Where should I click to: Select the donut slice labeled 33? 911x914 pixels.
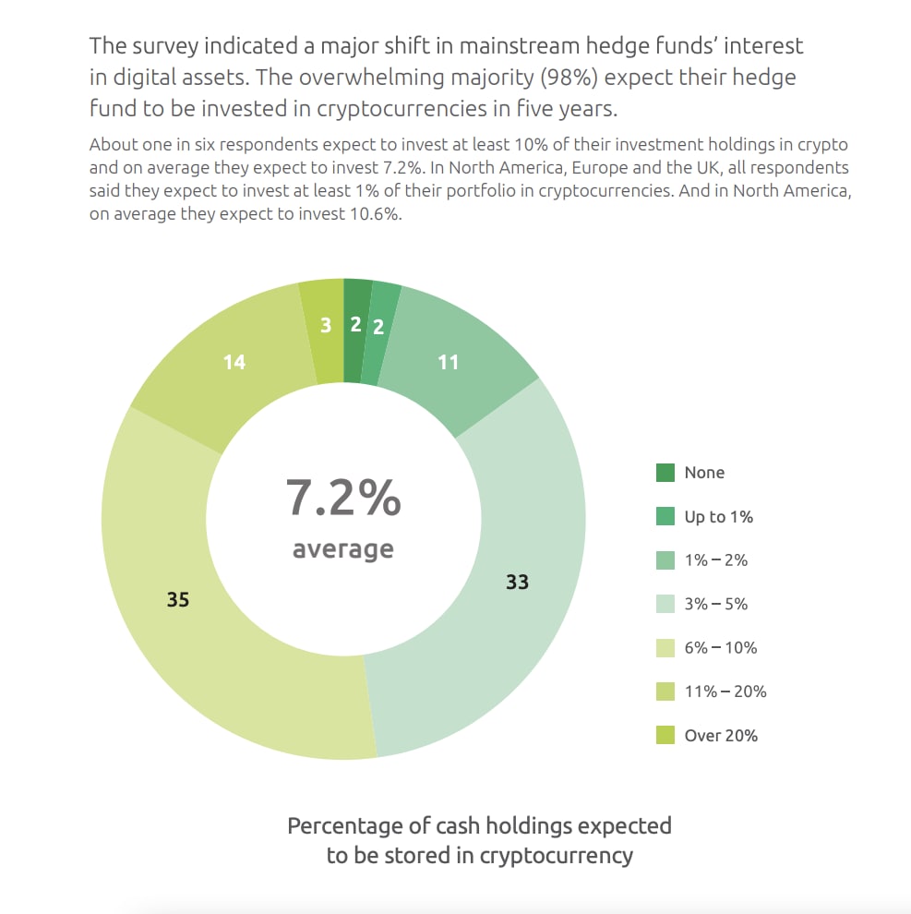click(517, 582)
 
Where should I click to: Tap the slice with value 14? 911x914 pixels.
click(234, 362)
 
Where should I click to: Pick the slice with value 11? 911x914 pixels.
click(449, 362)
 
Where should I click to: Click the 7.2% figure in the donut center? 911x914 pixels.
click(343, 498)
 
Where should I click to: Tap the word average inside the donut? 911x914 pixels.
click(343, 549)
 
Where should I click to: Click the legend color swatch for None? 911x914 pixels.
click(665, 473)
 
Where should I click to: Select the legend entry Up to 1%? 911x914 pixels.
click(718, 517)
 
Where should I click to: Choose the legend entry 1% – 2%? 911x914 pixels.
click(715, 560)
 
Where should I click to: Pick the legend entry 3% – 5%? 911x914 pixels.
click(715, 605)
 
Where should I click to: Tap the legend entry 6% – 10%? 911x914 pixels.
click(720, 648)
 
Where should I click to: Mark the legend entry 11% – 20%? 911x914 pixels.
click(725, 692)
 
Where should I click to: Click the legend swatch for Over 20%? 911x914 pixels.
click(665, 736)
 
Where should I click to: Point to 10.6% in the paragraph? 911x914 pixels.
click(370, 212)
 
